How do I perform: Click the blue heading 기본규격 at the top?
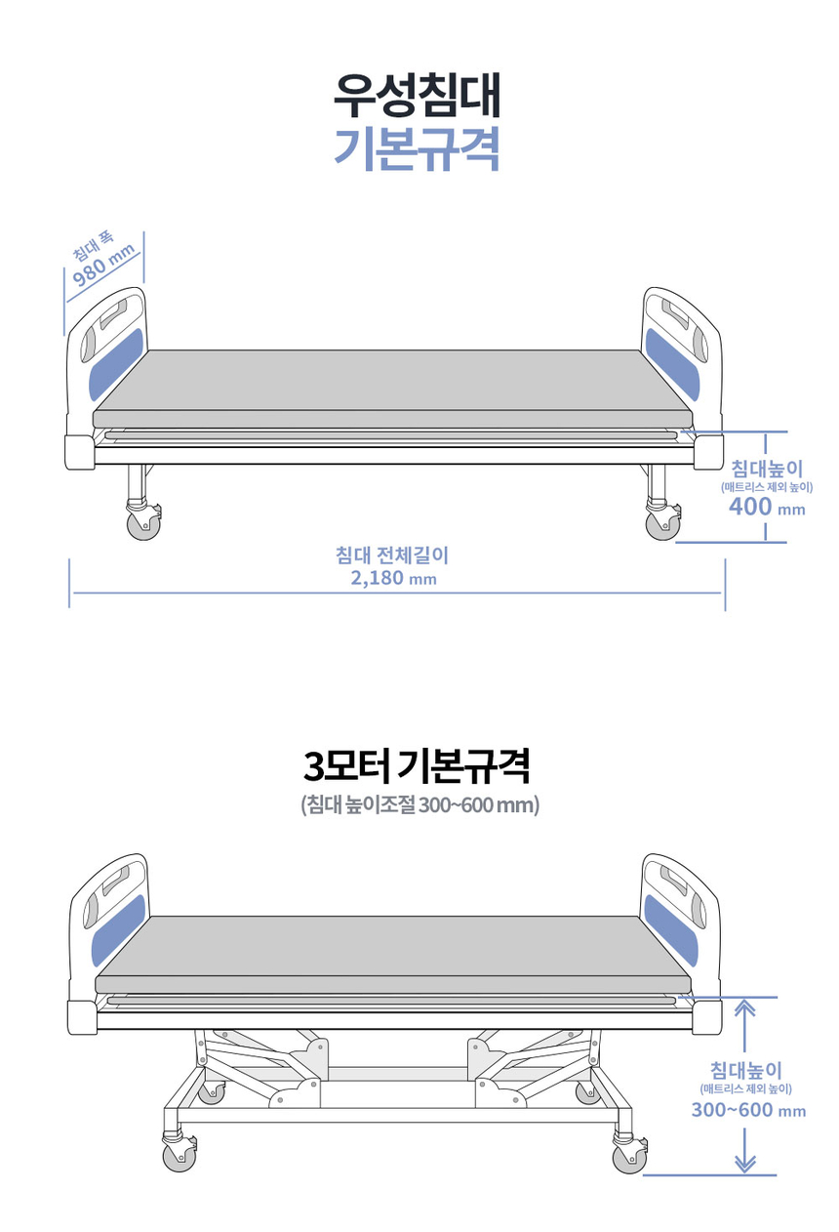tap(417, 148)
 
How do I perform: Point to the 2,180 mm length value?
tap(393, 578)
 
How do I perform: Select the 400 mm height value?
tap(767, 506)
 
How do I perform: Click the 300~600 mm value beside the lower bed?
tap(748, 1110)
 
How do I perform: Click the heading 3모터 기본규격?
tap(417, 766)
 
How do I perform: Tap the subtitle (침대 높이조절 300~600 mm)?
tap(419, 806)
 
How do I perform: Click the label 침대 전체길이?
tap(392, 555)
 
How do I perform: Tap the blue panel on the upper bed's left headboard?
tap(117, 364)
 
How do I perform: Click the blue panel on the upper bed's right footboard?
tap(672, 364)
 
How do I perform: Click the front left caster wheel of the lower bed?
tap(179, 1156)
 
